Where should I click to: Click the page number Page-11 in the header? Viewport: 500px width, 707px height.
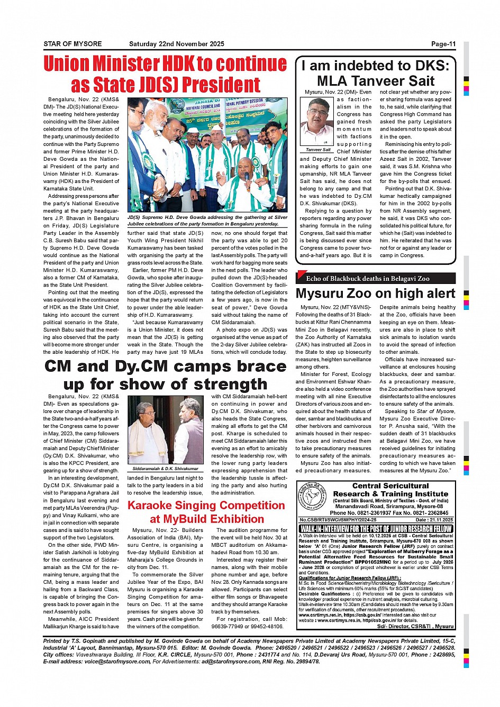443,44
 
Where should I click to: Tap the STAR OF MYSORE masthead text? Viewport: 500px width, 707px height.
72,44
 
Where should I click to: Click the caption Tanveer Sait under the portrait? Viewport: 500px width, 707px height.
319,150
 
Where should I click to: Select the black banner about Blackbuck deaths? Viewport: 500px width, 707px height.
375,278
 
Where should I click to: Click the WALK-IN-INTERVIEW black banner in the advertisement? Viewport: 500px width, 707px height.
376,529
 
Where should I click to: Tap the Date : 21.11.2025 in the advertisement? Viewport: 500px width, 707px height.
435,520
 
